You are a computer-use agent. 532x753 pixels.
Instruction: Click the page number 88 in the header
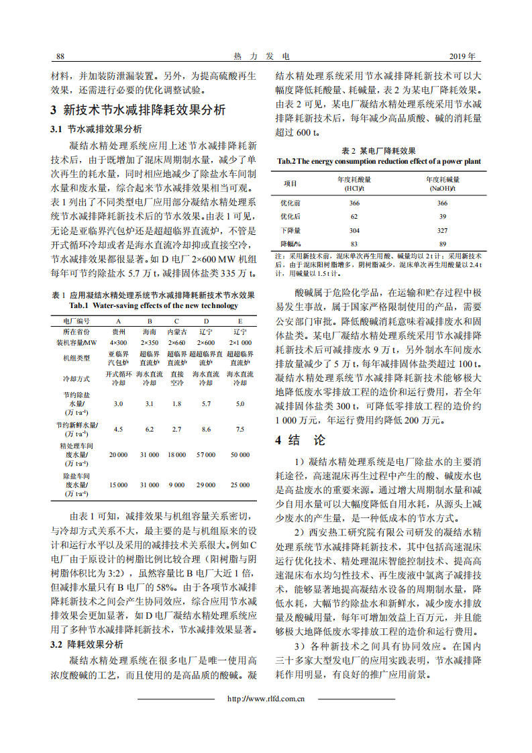pos(60,56)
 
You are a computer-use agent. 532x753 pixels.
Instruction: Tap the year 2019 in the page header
pos(462,56)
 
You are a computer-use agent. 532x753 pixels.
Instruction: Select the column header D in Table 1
pos(205,321)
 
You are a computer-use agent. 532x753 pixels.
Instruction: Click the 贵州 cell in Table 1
pos(119,332)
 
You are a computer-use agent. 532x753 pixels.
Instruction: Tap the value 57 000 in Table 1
pos(206,455)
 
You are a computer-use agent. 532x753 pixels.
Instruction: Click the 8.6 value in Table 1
pos(206,429)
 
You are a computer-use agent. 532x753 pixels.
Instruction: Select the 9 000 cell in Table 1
pos(177,485)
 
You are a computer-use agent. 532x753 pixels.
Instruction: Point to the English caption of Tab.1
pos(153,305)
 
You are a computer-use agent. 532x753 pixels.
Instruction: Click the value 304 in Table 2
pos(354,230)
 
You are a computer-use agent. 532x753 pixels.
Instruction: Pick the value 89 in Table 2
pos(443,243)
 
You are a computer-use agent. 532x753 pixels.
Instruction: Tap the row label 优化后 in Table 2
pos(290,216)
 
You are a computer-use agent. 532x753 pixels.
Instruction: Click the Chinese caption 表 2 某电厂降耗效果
pos(379,150)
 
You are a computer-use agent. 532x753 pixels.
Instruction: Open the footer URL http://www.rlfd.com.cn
pos(266,699)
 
